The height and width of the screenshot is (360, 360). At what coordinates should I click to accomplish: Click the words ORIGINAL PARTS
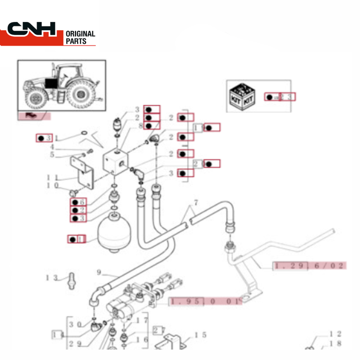(x=80, y=37)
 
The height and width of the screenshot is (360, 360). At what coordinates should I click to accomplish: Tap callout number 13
(x=52, y=277)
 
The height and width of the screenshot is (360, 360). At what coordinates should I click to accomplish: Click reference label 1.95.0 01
(x=205, y=301)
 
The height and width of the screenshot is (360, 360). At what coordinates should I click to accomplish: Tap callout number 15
(x=200, y=334)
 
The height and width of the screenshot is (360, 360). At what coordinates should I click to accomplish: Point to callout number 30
(x=75, y=324)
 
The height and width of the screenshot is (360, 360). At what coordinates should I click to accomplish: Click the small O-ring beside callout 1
(x=83, y=133)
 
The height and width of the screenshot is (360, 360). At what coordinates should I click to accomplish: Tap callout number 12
(x=336, y=334)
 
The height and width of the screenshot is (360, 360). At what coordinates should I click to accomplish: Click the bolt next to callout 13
(x=71, y=280)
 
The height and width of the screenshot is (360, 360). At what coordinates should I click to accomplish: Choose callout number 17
(x=142, y=320)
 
